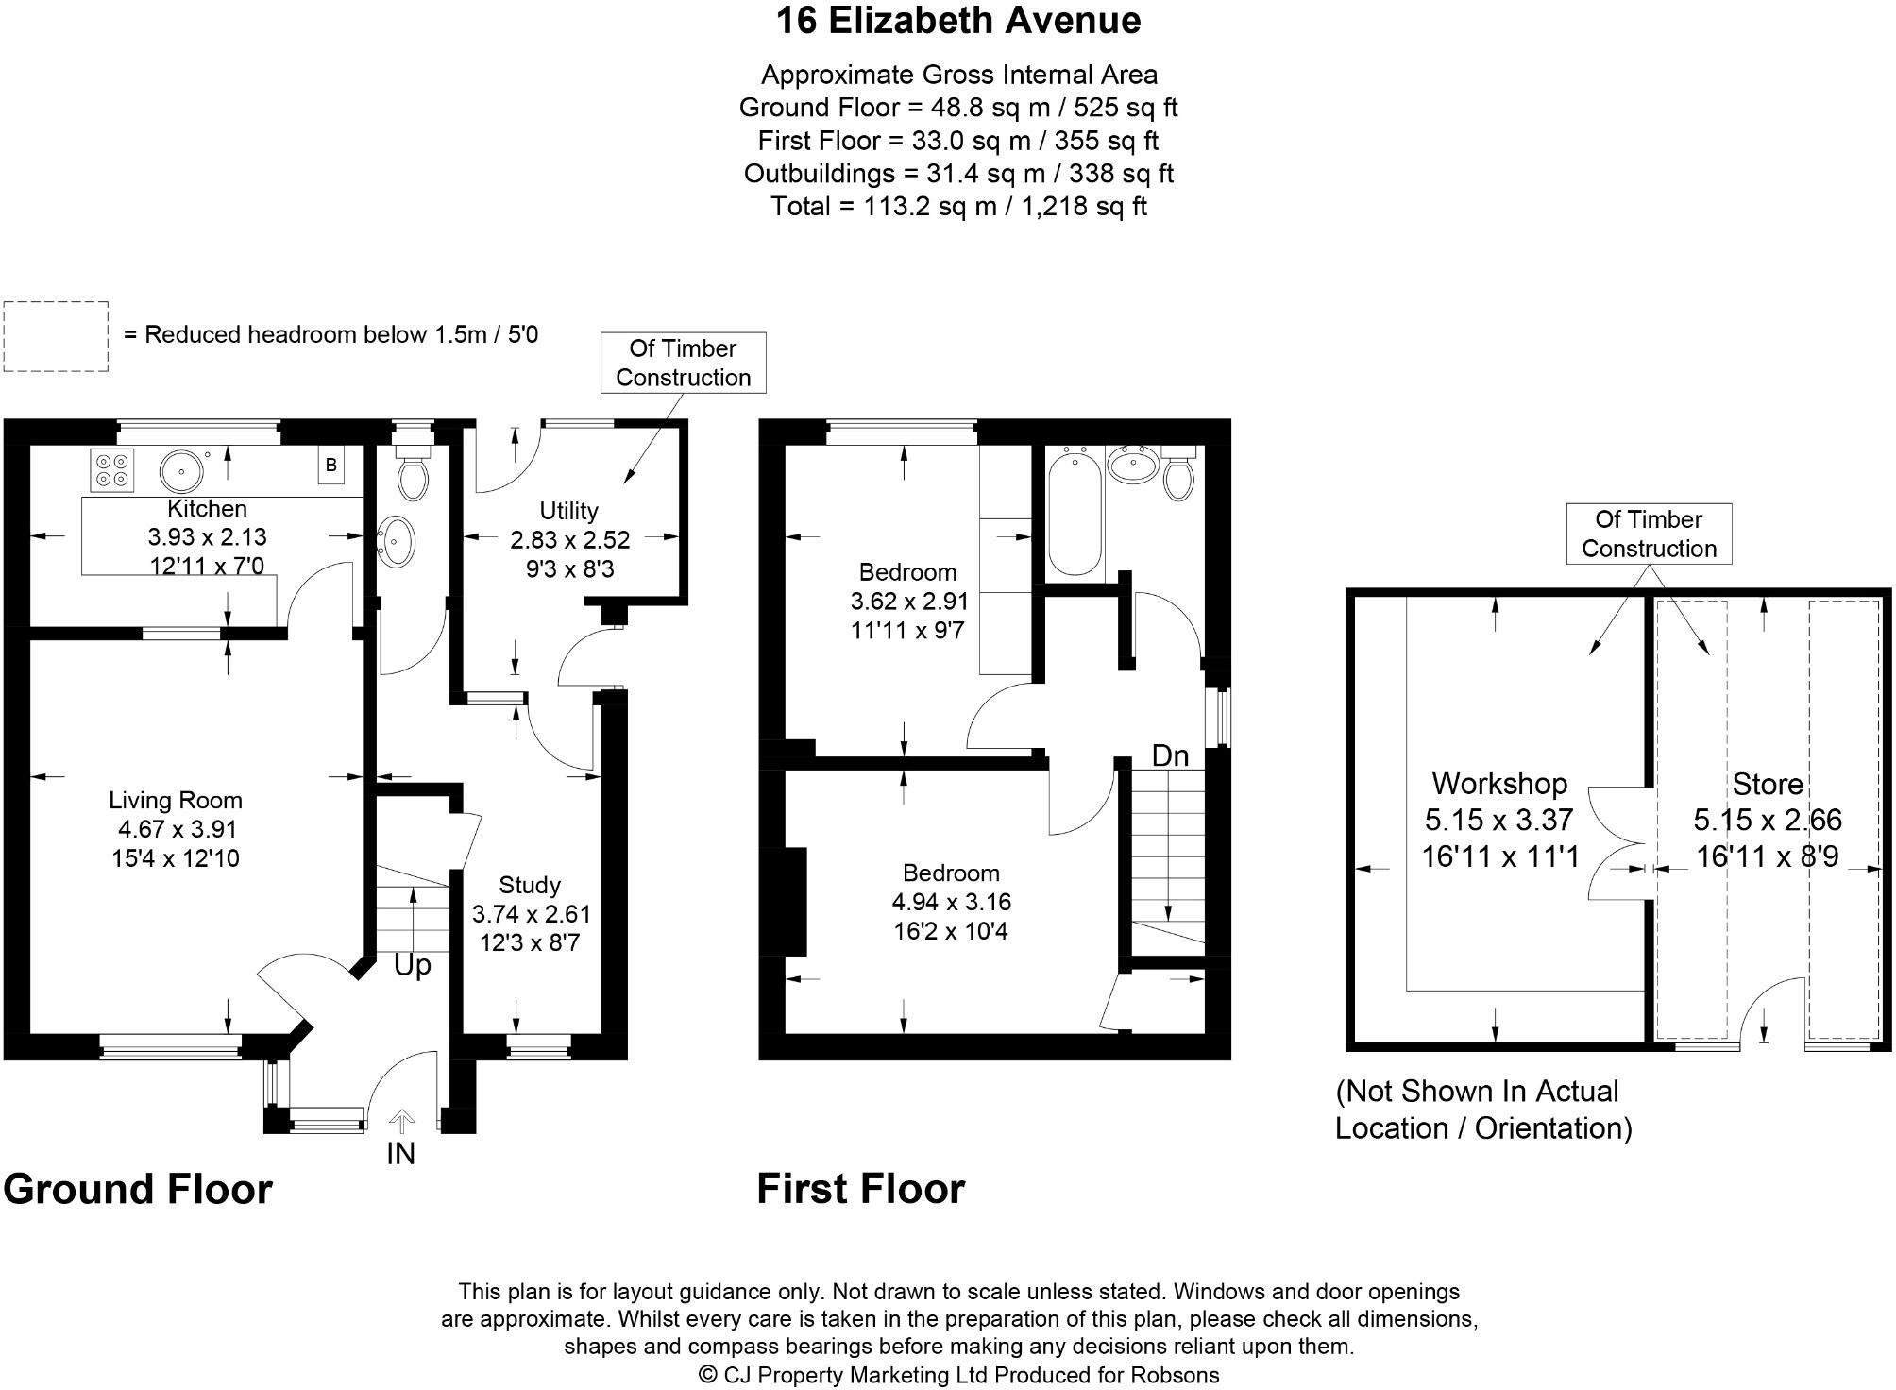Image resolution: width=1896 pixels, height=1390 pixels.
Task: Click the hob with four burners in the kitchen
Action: tap(112, 469)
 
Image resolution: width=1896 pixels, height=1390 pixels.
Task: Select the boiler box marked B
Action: tap(331, 466)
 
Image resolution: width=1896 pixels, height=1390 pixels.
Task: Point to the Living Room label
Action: tap(176, 801)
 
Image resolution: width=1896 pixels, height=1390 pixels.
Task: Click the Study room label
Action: tap(530, 886)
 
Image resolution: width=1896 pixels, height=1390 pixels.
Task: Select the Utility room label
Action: tap(568, 511)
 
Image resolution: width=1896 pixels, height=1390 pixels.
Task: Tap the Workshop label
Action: tap(1499, 784)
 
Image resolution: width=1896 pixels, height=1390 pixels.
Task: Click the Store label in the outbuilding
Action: tap(1768, 785)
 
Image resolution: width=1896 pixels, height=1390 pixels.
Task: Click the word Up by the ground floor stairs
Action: tap(412, 966)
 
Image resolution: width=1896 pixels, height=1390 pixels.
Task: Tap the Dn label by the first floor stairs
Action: tap(1170, 755)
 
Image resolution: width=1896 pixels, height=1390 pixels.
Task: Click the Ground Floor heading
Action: tap(138, 1190)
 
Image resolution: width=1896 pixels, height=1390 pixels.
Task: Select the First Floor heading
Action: tap(861, 1190)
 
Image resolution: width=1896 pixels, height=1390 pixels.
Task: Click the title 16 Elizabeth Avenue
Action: tap(958, 21)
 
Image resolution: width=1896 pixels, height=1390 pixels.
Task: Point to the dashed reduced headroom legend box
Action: tap(56, 336)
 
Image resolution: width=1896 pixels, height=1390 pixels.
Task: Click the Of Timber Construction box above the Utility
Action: tap(683, 363)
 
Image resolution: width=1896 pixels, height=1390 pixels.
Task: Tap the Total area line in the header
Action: tap(958, 206)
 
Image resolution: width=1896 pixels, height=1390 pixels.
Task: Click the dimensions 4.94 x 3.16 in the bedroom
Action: tap(951, 902)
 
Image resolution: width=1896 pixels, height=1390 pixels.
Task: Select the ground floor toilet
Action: tap(413, 475)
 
